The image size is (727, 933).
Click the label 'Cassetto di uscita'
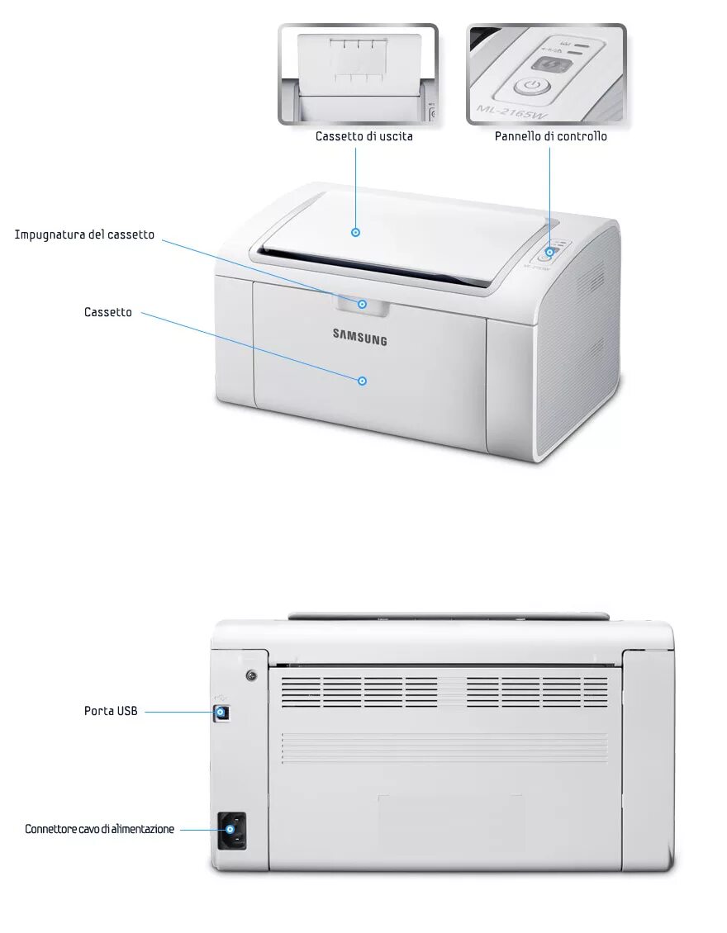363,136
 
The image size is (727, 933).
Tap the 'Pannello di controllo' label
550,136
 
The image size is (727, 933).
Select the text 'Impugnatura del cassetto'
84,234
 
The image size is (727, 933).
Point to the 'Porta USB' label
111,710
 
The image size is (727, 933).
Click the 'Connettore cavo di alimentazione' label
99,829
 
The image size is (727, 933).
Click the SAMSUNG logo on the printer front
359,336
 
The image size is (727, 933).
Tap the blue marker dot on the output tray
356,233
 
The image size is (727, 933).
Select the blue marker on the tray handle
362,304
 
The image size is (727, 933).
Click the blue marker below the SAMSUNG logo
362,381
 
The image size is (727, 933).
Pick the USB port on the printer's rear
221,711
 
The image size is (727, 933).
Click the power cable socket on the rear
232,830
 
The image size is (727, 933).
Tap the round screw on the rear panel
251,676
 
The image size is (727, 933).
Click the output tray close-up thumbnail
358,74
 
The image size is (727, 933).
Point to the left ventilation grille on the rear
359,692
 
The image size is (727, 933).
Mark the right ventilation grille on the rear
537,692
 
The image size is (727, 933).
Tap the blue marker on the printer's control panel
549,252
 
